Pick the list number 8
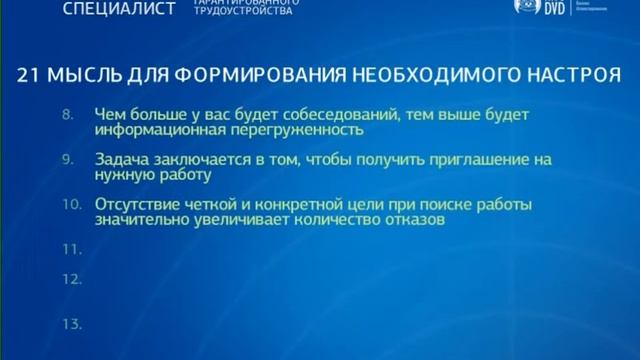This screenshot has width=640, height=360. (x=68, y=115)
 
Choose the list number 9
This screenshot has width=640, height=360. (x=68, y=158)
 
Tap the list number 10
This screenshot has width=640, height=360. (x=69, y=203)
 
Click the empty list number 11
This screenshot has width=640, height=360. (x=69, y=246)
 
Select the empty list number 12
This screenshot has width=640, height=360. (x=70, y=281)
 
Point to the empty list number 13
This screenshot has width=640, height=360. (x=70, y=324)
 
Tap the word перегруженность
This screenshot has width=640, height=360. (x=291, y=131)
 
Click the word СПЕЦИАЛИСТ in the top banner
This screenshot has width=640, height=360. (x=118, y=10)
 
